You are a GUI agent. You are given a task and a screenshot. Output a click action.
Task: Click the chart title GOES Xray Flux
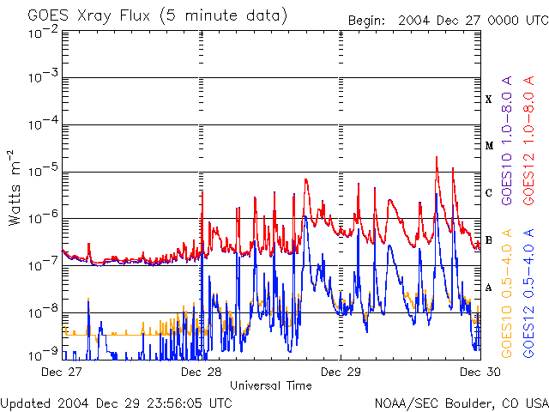[x=146, y=16]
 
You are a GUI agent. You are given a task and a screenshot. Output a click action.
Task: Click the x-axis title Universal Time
[x=270, y=385]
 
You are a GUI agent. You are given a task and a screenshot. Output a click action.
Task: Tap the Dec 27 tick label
[x=62, y=372]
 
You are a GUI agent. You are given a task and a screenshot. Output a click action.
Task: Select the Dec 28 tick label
[x=202, y=372]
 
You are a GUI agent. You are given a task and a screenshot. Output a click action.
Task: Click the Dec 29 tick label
[x=341, y=372]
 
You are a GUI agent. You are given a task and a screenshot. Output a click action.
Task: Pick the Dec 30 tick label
[x=474, y=372]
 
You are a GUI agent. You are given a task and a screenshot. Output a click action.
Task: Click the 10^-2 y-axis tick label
[x=43, y=33]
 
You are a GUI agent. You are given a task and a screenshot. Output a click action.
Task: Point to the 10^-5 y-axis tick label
[x=43, y=172]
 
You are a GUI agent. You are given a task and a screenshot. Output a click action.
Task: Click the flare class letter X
[x=489, y=100]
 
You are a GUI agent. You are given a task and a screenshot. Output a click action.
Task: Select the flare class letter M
[x=489, y=146]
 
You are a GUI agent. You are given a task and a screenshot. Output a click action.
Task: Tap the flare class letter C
[x=489, y=192]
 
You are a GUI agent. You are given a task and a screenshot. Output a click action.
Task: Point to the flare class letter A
[x=489, y=287]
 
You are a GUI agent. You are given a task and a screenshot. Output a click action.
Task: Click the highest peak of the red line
[x=437, y=157]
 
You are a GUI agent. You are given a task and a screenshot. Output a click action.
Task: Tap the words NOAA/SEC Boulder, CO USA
[x=461, y=403]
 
